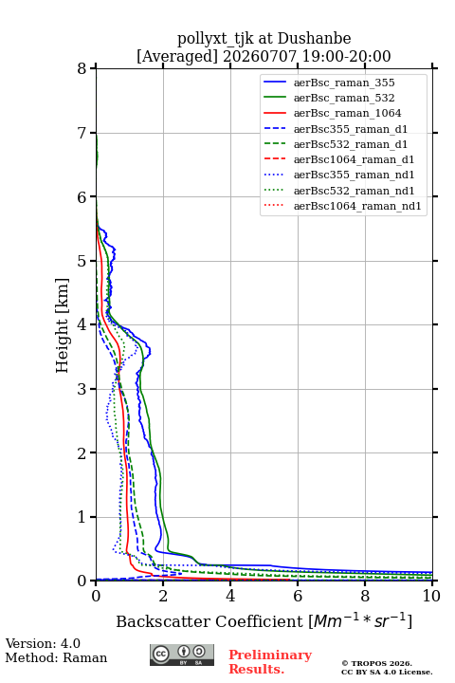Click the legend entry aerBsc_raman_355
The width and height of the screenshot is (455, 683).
[344, 83]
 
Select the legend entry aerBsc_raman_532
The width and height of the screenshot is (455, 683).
[344, 98]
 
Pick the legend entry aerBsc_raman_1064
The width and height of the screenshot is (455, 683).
[348, 113]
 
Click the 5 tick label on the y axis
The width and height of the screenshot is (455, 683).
[82, 261]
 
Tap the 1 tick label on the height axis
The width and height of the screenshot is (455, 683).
[82, 517]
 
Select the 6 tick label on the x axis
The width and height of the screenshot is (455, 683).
[298, 596]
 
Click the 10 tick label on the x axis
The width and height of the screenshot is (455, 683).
[431, 596]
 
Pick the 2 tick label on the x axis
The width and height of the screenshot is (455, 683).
[163, 596]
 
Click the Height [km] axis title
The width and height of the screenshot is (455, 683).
[63, 325]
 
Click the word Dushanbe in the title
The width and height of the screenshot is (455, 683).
[314, 38]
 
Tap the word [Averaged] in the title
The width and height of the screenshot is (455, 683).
[177, 56]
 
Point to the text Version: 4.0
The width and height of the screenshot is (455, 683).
[43, 643]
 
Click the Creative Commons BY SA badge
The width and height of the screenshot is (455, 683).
[182, 655]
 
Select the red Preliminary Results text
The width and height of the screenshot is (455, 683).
[270, 662]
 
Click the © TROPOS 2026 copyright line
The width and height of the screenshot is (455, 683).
[376, 663]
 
